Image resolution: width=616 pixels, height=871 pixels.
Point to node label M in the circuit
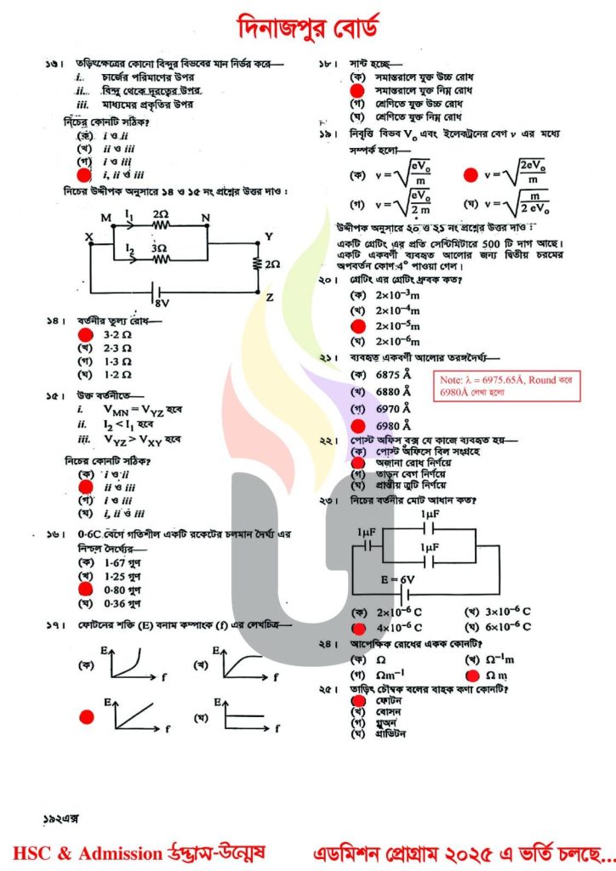(106, 218)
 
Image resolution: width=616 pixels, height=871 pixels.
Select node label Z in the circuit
(270, 298)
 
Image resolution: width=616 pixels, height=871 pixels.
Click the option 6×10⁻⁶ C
(509, 627)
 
